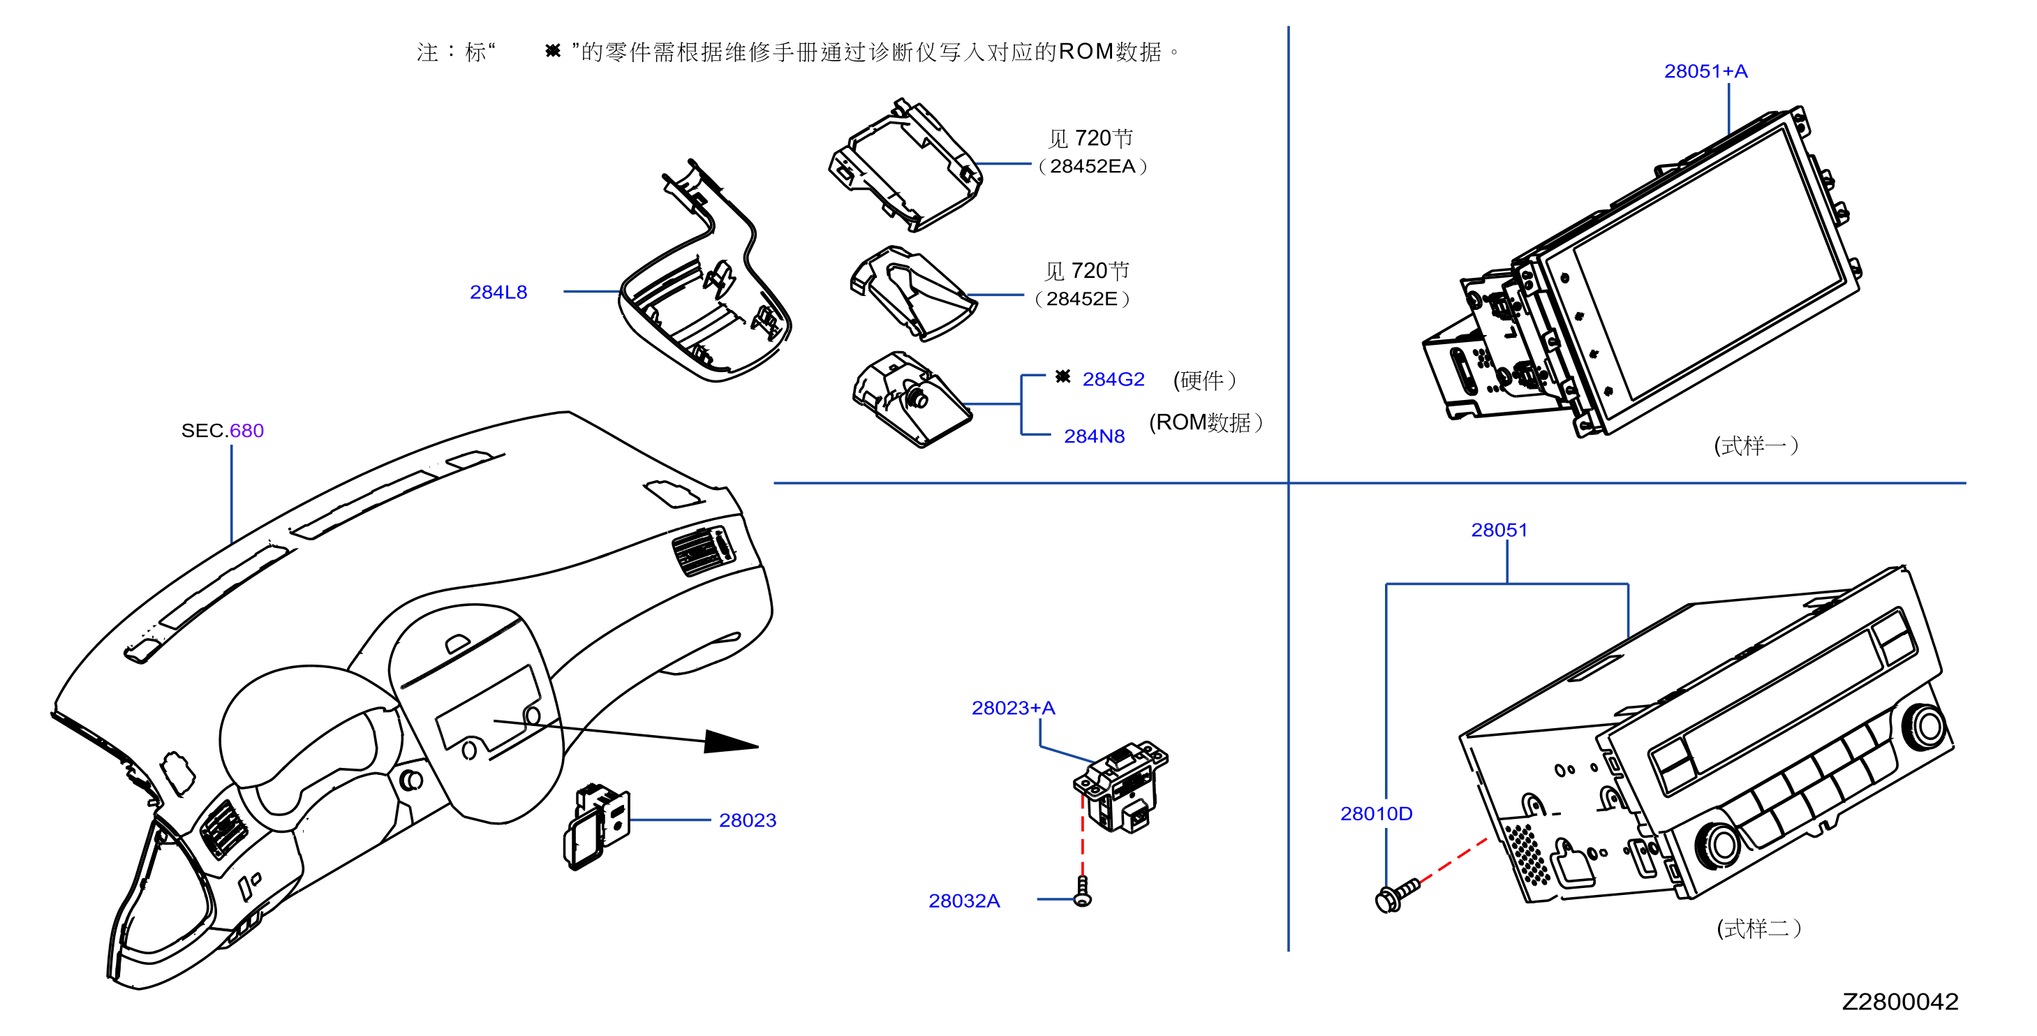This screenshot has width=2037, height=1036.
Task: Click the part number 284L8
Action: coord(498,292)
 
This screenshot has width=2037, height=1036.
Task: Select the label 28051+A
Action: coord(1705,71)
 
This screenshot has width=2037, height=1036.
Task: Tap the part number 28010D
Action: coord(1376,813)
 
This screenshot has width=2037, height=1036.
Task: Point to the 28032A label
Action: coord(964,901)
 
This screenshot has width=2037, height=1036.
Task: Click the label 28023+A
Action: coord(1013,708)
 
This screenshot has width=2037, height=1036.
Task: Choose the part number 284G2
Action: coord(1113,380)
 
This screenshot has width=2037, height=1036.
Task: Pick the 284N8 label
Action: coord(1095,436)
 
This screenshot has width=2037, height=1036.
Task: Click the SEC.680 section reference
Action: coord(222,430)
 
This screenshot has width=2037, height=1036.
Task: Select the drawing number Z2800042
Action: coord(1900,1001)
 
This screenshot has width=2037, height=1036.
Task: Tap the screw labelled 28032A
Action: coord(1083,892)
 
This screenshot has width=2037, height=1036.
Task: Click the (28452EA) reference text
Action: coord(1092,166)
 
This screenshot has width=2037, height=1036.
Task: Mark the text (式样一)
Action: coord(1756,445)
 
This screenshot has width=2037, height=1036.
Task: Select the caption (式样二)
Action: coord(1758,928)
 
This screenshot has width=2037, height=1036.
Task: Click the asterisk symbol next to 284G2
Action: coord(1062,376)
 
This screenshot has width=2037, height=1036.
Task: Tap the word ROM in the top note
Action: coord(1086,52)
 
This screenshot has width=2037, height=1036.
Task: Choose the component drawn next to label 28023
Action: coord(597,827)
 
